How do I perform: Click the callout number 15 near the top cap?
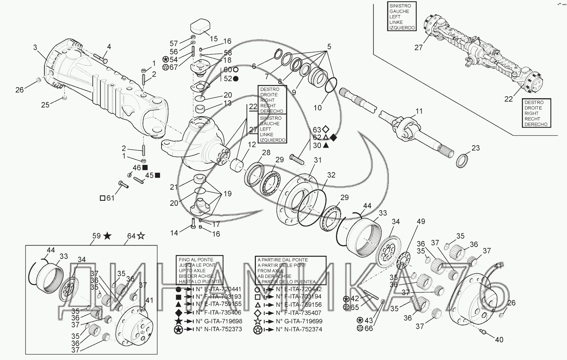[x=214, y=39]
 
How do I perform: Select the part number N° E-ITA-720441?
[x=218, y=289]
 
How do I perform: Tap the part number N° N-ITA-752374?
[x=299, y=330]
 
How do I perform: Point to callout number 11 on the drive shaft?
[x=419, y=111]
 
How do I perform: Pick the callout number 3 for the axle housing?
[x=35, y=47]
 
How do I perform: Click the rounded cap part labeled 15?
[x=200, y=26]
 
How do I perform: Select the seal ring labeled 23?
[x=462, y=160]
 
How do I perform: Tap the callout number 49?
[x=421, y=221]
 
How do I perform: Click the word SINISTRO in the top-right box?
[x=400, y=6]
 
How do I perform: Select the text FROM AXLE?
[x=271, y=271]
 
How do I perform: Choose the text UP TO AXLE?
[x=192, y=270]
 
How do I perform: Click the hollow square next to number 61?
[x=102, y=198]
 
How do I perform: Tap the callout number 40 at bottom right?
[x=499, y=339]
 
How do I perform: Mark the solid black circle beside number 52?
[x=235, y=79]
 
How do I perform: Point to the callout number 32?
[x=331, y=175]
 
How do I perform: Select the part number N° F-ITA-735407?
[x=299, y=313]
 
